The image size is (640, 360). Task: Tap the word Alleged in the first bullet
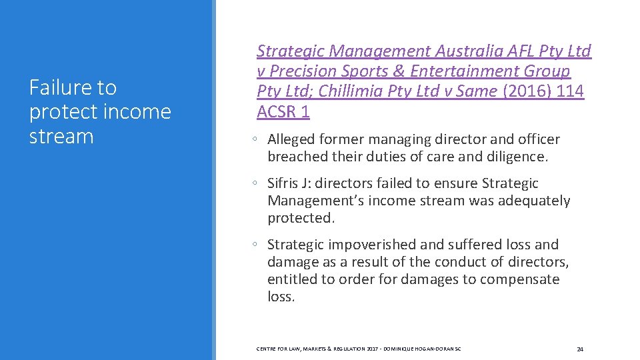(291, 139)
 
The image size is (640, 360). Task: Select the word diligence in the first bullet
(514, 157)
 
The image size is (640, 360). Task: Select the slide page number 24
(580, 349)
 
